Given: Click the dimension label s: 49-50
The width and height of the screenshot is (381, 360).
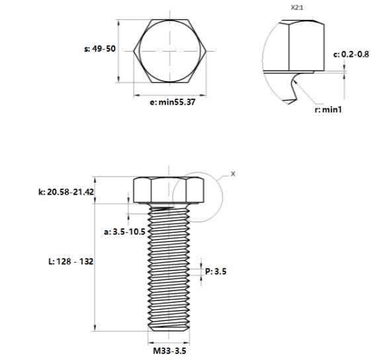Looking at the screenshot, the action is coord(100,48).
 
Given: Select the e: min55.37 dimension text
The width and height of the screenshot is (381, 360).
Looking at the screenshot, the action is coord(173,102).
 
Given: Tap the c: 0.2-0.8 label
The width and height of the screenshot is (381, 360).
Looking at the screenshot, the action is coord(351,54).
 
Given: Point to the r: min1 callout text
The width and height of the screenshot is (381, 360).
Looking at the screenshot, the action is coord(328,110).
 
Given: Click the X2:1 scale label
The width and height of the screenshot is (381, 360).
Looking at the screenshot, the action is coord(297,7).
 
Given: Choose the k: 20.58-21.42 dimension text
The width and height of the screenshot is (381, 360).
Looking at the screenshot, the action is coord(66,192).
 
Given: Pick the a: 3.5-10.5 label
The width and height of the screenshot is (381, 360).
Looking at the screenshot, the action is coord(124,232).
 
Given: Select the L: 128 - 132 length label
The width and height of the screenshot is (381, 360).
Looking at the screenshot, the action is coord(71,261).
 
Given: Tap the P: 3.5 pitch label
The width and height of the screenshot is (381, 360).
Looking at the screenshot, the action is coord(216,271).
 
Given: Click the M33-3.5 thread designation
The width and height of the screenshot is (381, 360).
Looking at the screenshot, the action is coord(169,351).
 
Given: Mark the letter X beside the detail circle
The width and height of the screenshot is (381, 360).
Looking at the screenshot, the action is coord(233,174).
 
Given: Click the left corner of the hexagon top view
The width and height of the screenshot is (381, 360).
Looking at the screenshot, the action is coord(134,51).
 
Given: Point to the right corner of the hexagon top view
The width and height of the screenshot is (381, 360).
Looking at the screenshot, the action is coord(206,51).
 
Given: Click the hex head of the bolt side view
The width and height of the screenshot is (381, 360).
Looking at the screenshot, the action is coord(169,190).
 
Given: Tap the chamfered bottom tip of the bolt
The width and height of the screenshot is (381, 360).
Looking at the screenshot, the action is coord(169,329).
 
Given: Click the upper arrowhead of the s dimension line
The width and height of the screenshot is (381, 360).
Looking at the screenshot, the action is coord(118,22).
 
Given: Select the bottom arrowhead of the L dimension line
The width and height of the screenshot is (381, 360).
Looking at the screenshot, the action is coord(95,328).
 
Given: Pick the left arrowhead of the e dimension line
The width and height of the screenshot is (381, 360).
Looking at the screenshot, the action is coord(136,95).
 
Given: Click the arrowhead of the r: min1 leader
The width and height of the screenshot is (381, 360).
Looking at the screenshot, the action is coord(294,81).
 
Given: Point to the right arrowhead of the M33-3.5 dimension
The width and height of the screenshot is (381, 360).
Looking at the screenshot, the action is coord(187,343).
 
